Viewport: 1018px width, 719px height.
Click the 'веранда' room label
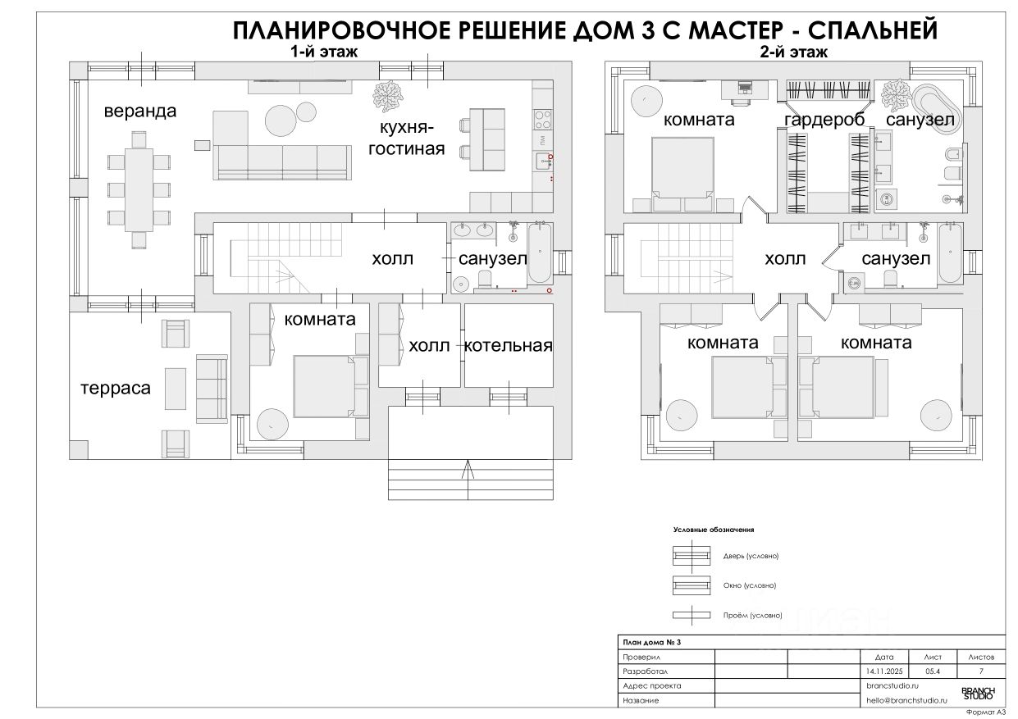click(139, 111)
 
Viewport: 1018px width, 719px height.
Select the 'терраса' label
click(115, 388)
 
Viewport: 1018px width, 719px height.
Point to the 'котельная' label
click(508, 345)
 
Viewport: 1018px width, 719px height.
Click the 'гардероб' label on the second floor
click(824, 121)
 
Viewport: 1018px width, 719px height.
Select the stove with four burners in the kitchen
click(542, 120)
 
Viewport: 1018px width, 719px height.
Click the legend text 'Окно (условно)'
click(749, 585)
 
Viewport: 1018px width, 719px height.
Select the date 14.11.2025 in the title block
click(884, 671)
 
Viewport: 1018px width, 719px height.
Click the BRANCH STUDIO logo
click(977, 693)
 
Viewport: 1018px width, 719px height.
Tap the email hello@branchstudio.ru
click(906, 700)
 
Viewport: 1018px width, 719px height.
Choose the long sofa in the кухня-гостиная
click(282, 161)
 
